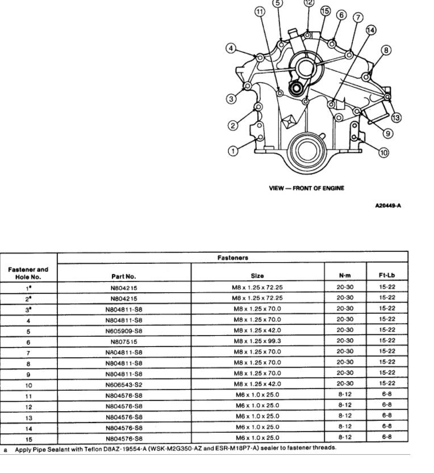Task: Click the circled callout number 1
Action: click(233, 150)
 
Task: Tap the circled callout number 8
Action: click(386, 50)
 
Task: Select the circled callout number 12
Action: click(308, 3)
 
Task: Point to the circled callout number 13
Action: click(396, 118)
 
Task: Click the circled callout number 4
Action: click(231, 48)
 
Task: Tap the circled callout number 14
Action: click(371, 30)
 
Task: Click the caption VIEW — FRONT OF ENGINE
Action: click(307, 188)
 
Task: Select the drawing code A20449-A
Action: click(389, 205)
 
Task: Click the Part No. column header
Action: click(123, 277)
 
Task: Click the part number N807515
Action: click(124, 342)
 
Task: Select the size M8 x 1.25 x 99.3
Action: click(257, 342)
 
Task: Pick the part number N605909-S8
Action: click(124, 331)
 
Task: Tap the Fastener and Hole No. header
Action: click(28, 273)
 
